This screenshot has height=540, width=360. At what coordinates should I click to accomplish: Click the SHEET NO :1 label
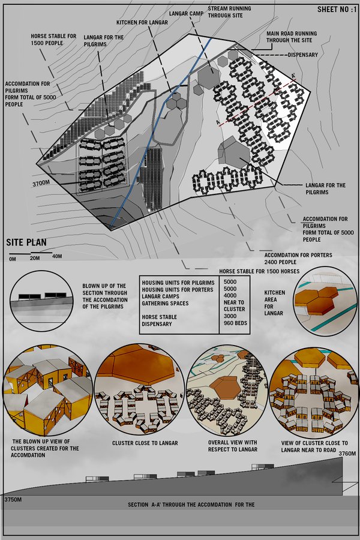click(x=337, y=10)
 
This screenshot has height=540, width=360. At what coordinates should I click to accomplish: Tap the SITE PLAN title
click(x=26, y=242)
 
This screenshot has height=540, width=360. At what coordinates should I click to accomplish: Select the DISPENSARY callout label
click(x=303, y=55)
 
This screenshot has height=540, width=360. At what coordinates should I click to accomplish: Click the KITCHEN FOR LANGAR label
click(x=142, y=22)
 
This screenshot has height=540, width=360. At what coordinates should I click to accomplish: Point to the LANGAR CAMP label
click(x=186, y=13)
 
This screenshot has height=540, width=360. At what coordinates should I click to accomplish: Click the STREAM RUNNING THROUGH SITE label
click(x=229, y=12)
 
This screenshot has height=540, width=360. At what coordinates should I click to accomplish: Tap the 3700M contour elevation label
click(x=41, y=183)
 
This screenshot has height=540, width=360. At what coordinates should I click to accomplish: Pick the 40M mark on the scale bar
click(x=57, y=256)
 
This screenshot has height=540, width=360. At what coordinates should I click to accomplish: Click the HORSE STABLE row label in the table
click(x=159, y=317)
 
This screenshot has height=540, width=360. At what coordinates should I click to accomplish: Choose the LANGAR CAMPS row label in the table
click(x=161, y=296)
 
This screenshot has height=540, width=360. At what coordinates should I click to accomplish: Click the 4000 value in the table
click(x=230, y=295)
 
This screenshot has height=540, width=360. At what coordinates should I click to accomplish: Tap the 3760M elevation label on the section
click(x=347, y=454)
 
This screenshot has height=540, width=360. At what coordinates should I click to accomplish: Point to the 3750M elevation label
click(x=13, y=499)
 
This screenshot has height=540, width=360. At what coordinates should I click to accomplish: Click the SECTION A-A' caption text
click(x=191, y=505)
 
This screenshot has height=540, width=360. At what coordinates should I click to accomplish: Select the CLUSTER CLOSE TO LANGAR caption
click(x=145, y=443)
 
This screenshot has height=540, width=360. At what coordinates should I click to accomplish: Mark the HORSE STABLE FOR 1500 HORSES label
click(x=259, y=271)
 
